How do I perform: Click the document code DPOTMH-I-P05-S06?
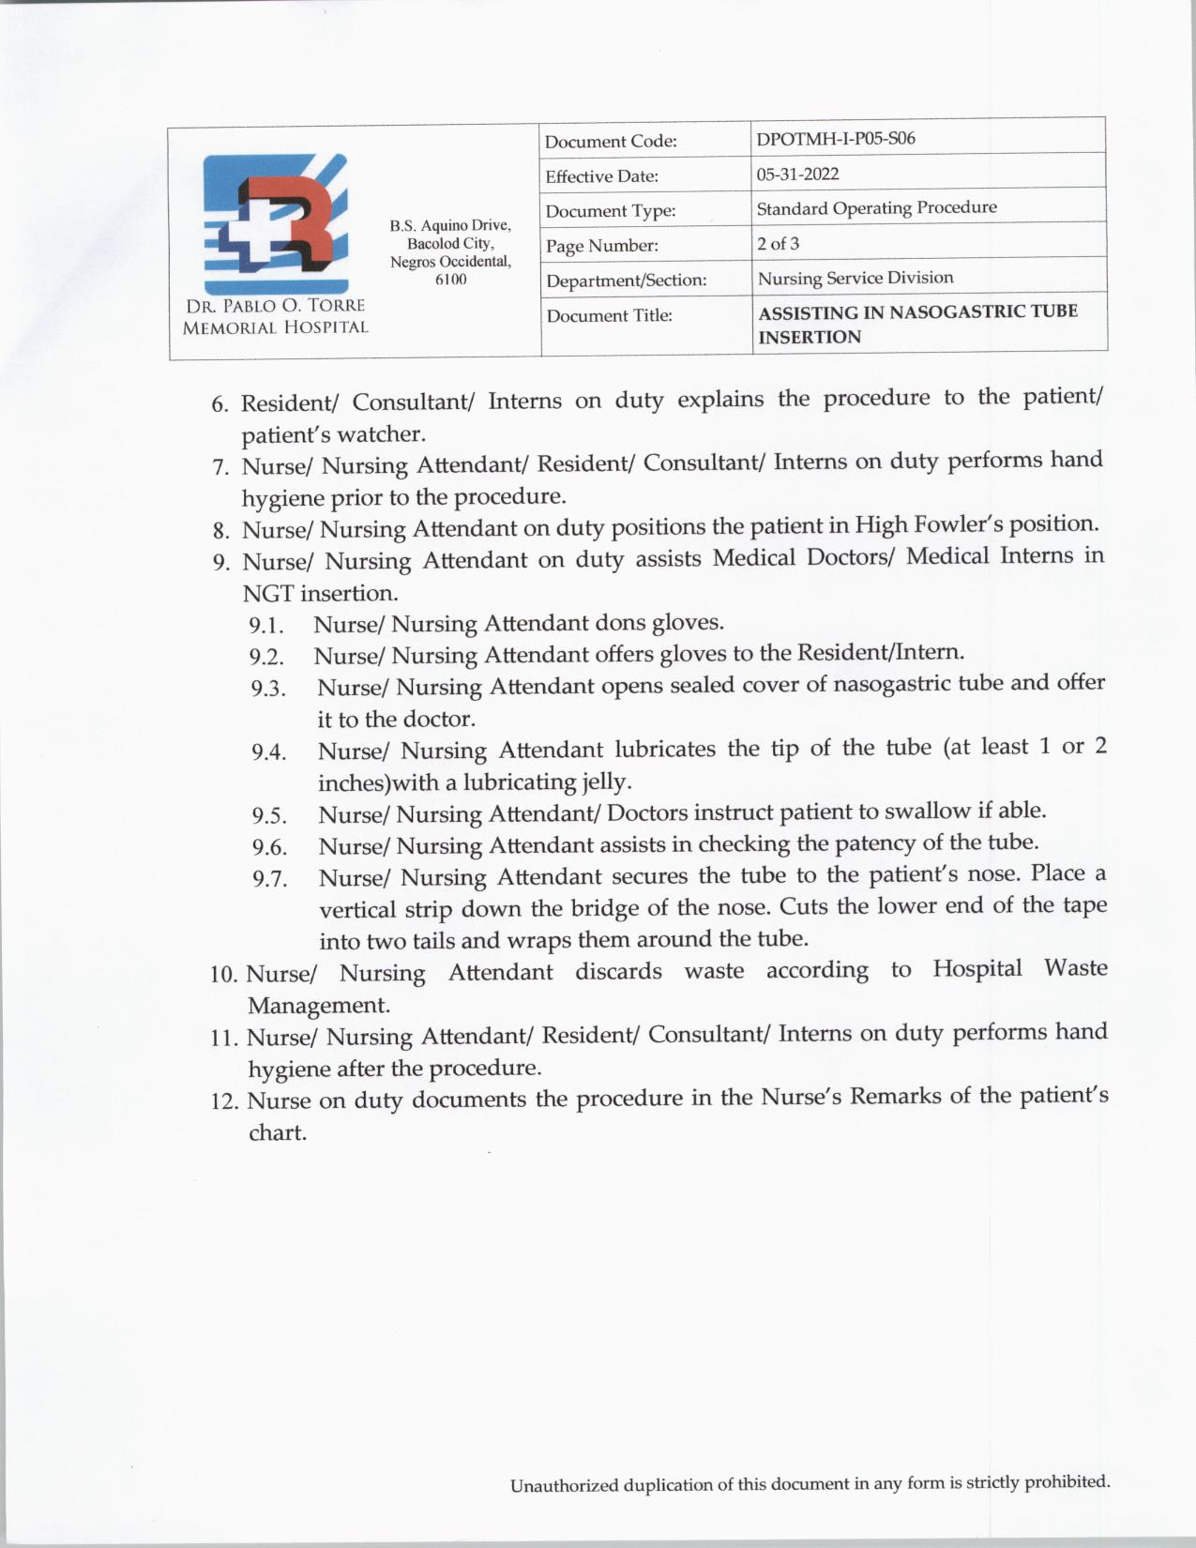(836, 139)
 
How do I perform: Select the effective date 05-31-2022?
(797, 175)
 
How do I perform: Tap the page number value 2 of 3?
(778, 244)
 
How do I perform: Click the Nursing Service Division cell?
(855, 278)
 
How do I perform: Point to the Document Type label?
(610, 211)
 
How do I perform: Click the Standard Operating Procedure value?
(876, 208)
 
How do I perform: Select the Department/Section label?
(626, 281)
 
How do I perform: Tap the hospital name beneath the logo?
(275, 316)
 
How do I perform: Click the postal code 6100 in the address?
(450, 280)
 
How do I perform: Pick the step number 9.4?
(268, 752)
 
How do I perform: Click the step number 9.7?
(269, 880)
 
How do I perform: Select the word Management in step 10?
(318, 1006)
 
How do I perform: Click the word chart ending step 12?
(277, 1133)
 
